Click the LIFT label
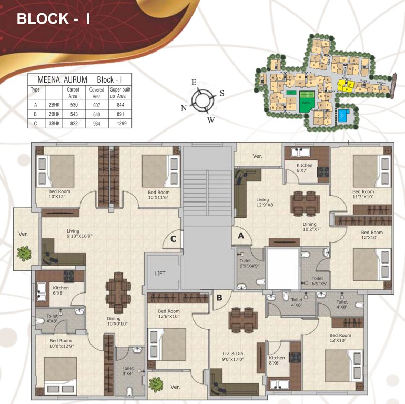coord(160,274)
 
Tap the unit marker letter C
coord(172,240)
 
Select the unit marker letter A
coord(241,236)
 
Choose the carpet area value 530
coord(73,104)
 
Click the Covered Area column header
coord(97,93)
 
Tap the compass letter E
coord(194,83)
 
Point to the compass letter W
coord(210,119)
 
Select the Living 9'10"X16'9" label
coord(80,234)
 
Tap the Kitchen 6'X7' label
coord(304,168)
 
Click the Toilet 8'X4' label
coord(128,371)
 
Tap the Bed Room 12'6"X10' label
coord(169,314)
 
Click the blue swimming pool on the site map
coord(343,115)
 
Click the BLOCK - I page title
coord(54,19)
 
